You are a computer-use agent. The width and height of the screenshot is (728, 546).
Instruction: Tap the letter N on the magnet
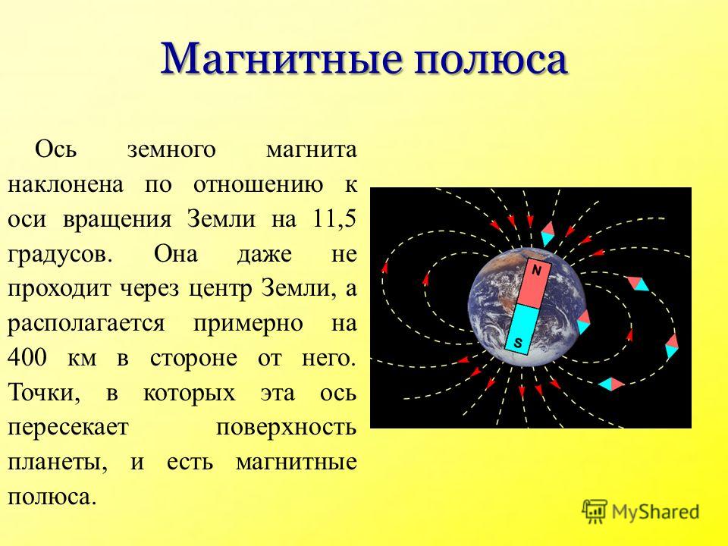coord(536,270)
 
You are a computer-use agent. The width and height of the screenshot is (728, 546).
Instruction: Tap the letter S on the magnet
coord(518,344)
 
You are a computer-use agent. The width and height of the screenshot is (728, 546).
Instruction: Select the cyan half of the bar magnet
coord(522,329)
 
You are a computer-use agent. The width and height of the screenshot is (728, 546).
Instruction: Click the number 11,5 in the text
coord(332,220)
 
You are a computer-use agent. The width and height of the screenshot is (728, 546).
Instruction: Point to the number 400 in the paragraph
coord(27,358)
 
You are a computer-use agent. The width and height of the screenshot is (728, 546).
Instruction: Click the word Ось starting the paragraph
coord(55,149)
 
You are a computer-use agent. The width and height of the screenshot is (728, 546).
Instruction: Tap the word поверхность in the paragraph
coord(286,428)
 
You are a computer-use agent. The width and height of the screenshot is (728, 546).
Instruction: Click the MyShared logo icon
coord(595,512)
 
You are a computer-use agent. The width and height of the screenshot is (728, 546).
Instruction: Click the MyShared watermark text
coord(655,512)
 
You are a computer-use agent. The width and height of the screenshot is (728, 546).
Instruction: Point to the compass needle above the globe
coord(548,234)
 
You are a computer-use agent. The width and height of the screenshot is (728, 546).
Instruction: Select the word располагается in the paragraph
coord(86,325)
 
